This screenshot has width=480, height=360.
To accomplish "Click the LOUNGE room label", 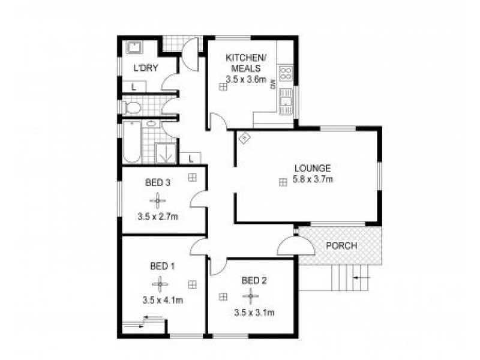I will click(x=313, y=168).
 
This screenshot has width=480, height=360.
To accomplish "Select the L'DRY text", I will click(x=145, y=68).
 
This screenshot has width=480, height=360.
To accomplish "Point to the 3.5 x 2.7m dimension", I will click(x=158, y=217).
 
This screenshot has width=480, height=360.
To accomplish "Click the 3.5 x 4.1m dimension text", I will click(x=162, y=300).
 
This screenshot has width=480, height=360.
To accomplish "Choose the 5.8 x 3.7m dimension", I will click(x=313, y=179).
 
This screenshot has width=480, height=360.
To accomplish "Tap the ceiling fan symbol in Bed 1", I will click(x=161, y=284).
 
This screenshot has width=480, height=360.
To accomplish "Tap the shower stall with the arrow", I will click(x=166, y=153).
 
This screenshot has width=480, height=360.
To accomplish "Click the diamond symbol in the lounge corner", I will click(x=244, y=139).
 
